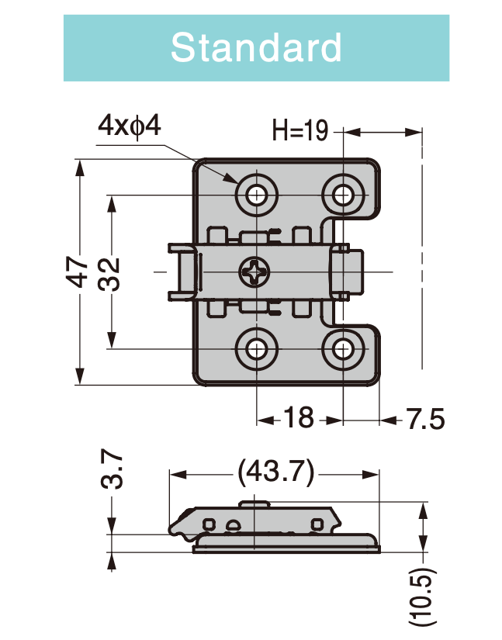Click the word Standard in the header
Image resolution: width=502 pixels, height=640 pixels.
pos(256,47)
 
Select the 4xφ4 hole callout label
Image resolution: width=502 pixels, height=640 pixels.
pos(129,126)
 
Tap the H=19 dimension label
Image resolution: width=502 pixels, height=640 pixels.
pos(300,131)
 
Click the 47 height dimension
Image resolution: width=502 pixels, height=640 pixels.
pos(78,272)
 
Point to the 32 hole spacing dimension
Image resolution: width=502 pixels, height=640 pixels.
pos(111,272)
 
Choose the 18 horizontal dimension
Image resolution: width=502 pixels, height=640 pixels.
pos(298,419)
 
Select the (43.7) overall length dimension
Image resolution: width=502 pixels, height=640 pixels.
pos(275,471)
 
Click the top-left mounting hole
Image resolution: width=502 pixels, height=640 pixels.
pos(256,193)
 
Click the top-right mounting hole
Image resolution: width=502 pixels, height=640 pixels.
pos(342,193)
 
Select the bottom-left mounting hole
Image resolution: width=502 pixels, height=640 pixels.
pos(256,350)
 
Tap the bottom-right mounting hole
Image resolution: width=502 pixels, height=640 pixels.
pos(342,350)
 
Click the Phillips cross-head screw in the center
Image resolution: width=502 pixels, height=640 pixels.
pos(255,272)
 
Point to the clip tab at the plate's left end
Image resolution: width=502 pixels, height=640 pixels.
pos(181,272)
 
